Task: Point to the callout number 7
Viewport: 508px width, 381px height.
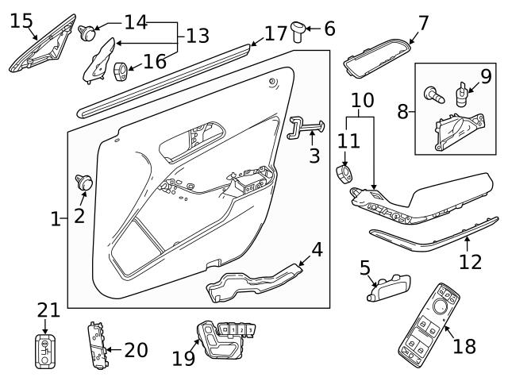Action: [423, 23]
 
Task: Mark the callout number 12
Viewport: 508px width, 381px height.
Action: [471, 260]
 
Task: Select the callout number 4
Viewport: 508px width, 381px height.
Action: [316, 249]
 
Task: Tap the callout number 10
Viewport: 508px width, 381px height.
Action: [362, 101]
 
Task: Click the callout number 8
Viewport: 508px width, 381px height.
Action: [403, 111]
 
